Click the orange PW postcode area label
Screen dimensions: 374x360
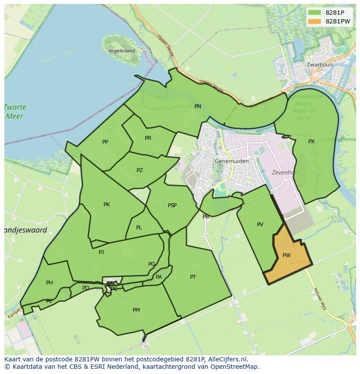pyautogui.click(x=287, y=255)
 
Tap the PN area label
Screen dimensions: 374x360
pyautogui.click(x=198, y=106)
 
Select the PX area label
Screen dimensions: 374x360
pyautogui.click(x=311, y=142)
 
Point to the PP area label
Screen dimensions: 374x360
pyautogui.click(x=105, y=142)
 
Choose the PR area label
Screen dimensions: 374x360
pyautogui.click(x=148, y=138)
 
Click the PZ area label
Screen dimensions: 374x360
pyautogui.click(x=140, y=170)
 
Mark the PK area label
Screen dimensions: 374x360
pyautogui.click(x=107, y=205)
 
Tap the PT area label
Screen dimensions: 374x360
pyautogui.click(x=193, y=277)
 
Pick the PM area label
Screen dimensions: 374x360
pyautogui.click(x=137, y=310)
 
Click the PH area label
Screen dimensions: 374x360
pyautogui.click(x=50, y=283)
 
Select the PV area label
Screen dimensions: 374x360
pyautogui.click(x=260, y=225)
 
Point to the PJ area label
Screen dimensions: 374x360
pyautogui.click(x=101, y=252)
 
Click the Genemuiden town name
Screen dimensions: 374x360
pyautogui.click(x=232, y=161)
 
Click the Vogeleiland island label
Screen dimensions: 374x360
pyautogui.click(x=121, y=51)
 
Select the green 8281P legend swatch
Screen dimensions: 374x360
pyautogui.click(x=314, y=13)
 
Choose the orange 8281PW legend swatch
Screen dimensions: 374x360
pyautogui.click(x=314, y=21)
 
